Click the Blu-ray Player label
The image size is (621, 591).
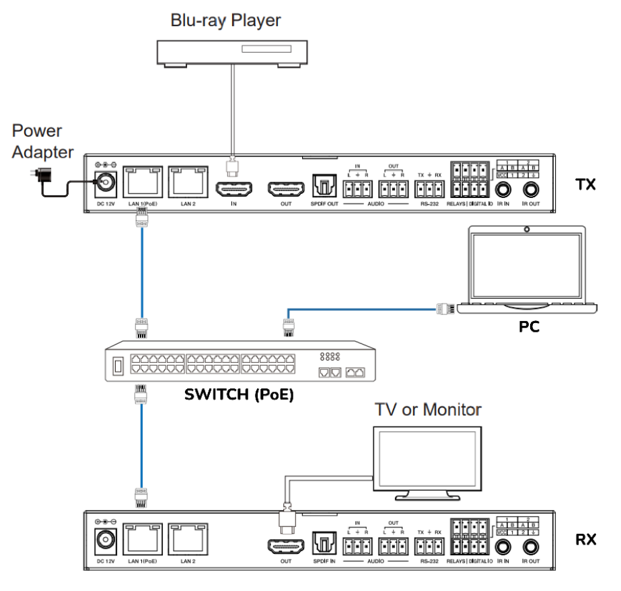[x=225, y=20]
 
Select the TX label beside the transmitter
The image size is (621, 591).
[x=585, y=184]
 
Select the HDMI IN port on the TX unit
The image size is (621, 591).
[x=233, y=188]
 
